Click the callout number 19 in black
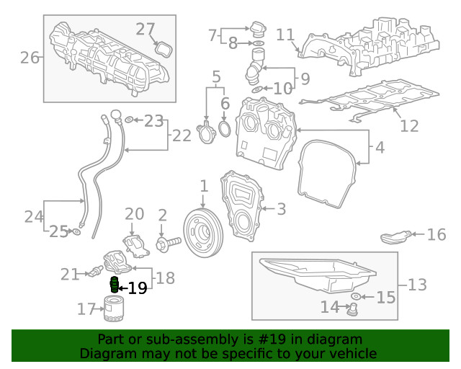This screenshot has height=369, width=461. [x=137, y=288]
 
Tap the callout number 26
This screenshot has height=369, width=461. [x=30, y=57]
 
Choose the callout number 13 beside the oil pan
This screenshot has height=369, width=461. [x=417, y=285]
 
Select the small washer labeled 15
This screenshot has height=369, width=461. [x=357, y=297]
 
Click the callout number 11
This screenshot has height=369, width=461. [x=285, y=34]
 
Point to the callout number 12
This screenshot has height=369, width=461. [x=409, y=126]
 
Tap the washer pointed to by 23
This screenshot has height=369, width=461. [x=128, y=120]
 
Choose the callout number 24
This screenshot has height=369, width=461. [x=34, y=215]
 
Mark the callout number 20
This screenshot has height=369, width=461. [x=135, y=213]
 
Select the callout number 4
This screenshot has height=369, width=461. [x=380, y=149]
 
